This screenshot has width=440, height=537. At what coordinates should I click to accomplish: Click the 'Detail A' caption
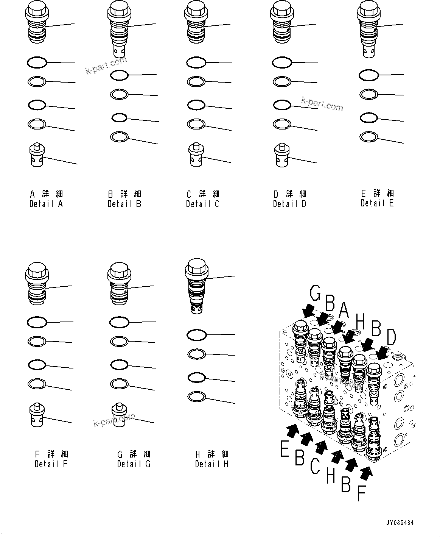(x=46, y=204)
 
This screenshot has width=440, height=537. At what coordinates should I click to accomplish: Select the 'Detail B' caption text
(x=124, y=204)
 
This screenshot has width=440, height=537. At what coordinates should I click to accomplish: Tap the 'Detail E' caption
(x=377, y=203)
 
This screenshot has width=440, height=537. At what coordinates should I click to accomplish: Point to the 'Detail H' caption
(x=211, y=464)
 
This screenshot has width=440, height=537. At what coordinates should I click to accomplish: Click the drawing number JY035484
(x=400, y=523)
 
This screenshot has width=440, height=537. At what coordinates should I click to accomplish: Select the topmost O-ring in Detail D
(x=282, y=62)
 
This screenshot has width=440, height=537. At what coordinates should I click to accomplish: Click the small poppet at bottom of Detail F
(x=38, y=416)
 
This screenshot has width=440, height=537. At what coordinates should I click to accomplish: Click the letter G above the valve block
(x=316, y=293)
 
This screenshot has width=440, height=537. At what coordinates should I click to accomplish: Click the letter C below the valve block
(x=314, y=466)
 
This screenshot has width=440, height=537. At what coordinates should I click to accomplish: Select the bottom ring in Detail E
(x=368, y=136)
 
